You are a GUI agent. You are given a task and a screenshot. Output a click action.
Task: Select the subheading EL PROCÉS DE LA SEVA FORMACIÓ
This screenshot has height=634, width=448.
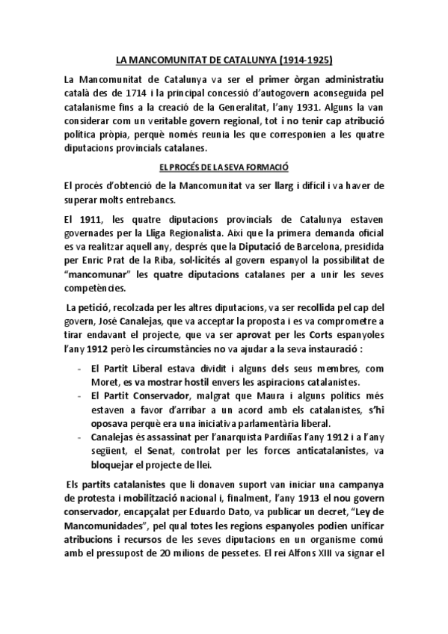click(x=224, y=168)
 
